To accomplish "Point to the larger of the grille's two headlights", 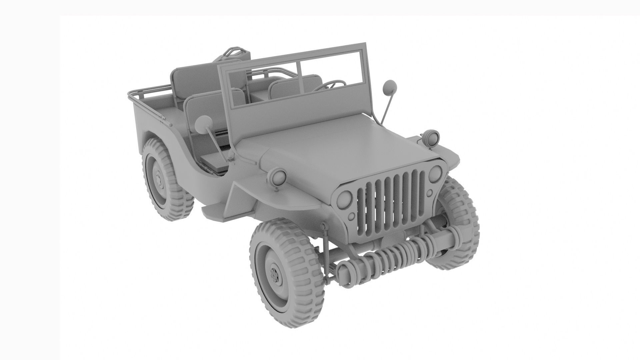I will point(344,199).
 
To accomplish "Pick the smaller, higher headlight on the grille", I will point(435,174).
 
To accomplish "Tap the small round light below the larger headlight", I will point(351,217).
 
